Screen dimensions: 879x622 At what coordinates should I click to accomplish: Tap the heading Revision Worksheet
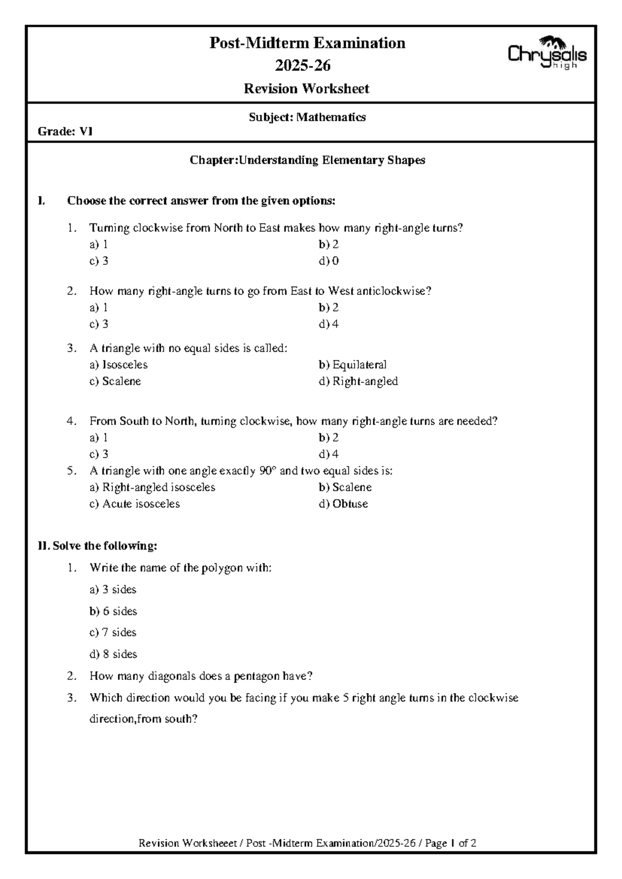tap(306, 89)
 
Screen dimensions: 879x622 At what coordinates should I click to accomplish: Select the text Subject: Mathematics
tap(307, 117)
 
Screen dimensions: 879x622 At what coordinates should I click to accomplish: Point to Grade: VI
tap(65, 132)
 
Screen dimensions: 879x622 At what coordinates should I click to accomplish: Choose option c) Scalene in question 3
tap(115, 381)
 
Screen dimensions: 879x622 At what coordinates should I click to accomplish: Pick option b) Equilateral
tap(352, 365)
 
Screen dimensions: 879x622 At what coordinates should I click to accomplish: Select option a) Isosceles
tap(118, 365)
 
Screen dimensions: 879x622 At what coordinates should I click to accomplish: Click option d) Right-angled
tap(358, 381)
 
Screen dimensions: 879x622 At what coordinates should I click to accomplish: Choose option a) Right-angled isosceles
tap(152, 487)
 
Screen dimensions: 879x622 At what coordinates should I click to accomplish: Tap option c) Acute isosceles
tap(134, 504)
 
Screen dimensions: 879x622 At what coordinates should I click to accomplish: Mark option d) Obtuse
tap(343, 504)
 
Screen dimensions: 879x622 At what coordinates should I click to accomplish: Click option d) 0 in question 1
tap(329, 261)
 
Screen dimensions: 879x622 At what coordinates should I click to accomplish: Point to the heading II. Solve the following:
tap(97, 546)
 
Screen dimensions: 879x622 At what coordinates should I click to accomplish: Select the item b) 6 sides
tap(113, 611)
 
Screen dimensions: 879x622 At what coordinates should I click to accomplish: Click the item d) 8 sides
tap(113, 654)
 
